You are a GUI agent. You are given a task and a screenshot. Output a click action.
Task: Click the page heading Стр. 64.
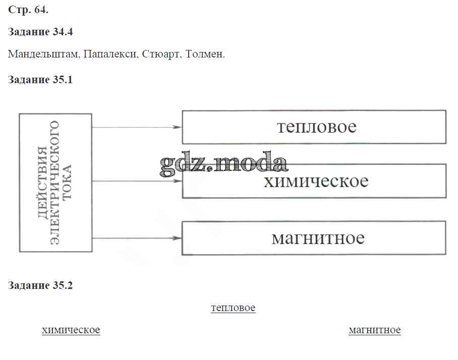28,10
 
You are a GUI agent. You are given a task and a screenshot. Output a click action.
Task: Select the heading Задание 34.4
40,32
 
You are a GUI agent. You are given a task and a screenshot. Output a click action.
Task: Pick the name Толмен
205,54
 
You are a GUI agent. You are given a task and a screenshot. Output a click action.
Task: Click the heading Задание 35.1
40,80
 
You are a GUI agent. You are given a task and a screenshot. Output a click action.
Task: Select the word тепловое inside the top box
316,127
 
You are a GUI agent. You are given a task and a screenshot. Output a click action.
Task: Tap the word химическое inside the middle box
316,181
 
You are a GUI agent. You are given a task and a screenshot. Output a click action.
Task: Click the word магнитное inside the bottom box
318,237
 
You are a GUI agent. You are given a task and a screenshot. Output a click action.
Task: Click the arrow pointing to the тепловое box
136,127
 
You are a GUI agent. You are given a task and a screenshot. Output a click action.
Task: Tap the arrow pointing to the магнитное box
136,237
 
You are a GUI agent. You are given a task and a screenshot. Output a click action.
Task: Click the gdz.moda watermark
223,163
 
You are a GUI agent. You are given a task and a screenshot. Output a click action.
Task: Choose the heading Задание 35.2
40,285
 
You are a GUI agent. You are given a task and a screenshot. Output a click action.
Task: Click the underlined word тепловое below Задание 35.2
233,308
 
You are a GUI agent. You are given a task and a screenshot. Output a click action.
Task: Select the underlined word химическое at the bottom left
71,330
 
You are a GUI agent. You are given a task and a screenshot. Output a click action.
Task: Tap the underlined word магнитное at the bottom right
375,330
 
